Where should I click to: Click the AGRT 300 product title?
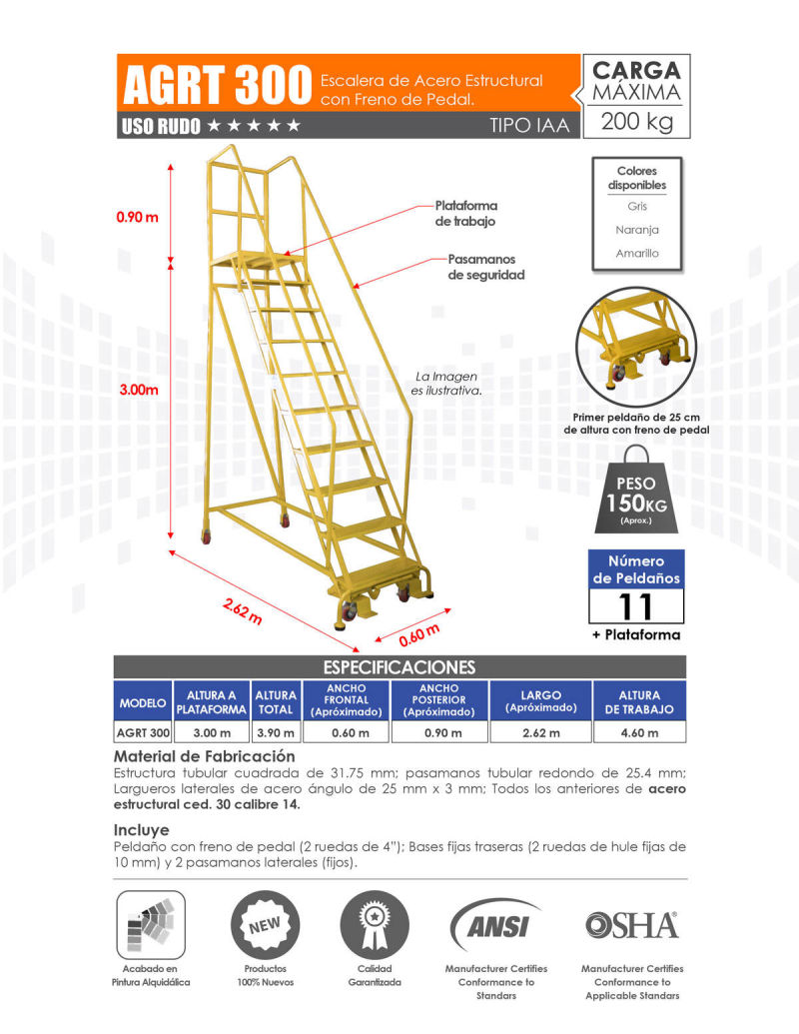click(x=215, y=86)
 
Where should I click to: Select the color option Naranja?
click(x=637, y=230)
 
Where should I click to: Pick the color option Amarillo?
click(x=637, y=254)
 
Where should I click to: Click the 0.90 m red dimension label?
click(x=138, y=218)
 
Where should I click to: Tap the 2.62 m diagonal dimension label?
click(x=242, y=609)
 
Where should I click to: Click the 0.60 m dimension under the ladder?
click(x=418, y=636)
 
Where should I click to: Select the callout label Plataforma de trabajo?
click(x=465, y=213)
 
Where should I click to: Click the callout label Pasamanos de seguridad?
click(x=486, y=267)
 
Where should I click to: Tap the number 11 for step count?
click(x=636, y=606)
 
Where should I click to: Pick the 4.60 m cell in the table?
click(x=638, y=733)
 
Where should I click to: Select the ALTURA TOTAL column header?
click(x=276, y=701)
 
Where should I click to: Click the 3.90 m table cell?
click(x=276, y=733)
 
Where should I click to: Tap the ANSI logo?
click(x=495, y=924)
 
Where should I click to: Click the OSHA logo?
click(x=631, y=925)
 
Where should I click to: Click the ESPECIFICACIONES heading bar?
click(x=399, y=666)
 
